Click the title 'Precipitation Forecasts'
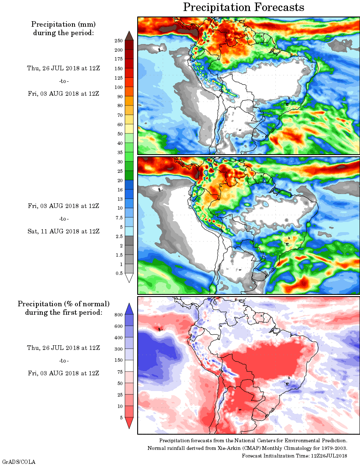tap(244, 7)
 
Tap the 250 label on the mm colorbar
tap(119, 41)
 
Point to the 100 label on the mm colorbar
tap(119, 87)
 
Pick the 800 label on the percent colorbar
tap(119, 315)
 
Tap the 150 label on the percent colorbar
tap(119, 361)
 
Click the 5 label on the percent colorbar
tap(121, 418)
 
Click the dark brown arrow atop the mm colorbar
tap(129, 36)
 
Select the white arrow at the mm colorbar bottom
tap(129, 278)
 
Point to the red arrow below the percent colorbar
tap(129, 423)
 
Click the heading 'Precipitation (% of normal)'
tap(64, 304)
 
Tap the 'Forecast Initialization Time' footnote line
tap(294, 455)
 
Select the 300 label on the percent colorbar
tap(119, 349)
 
